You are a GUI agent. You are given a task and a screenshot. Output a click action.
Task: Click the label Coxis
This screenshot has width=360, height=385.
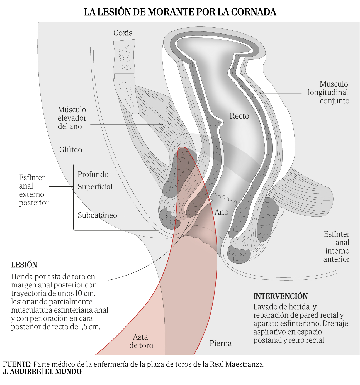point(123,33)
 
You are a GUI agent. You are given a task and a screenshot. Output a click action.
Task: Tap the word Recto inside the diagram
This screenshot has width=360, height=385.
point(239,116)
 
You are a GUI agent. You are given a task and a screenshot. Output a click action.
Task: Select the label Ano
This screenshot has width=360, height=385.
point(222,212)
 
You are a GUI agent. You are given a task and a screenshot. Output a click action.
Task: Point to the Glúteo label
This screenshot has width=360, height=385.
point(71,150)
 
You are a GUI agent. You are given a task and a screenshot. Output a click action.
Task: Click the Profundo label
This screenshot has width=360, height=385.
point(93,174)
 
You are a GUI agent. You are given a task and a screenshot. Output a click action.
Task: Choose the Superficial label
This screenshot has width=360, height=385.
point(95,187)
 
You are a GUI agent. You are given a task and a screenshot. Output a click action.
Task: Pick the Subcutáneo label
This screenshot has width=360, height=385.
point(97,215)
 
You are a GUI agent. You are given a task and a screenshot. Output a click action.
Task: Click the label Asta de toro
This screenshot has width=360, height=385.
point(141,341)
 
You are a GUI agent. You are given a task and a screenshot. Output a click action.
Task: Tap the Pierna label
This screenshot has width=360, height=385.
point(221,343)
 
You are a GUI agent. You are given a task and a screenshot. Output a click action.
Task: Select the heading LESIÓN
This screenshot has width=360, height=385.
point(24,265)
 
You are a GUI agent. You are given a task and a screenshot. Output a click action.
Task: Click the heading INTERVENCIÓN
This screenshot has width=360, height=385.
point(281,296)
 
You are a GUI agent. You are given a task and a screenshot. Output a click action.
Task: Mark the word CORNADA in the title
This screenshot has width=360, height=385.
point(254,12)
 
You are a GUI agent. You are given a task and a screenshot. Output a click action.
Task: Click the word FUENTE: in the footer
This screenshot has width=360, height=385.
point(18,364)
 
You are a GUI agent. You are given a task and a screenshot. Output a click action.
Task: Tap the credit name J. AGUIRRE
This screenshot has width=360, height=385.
point(22,372)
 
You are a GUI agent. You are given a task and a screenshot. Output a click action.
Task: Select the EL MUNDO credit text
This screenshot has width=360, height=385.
point(63,372)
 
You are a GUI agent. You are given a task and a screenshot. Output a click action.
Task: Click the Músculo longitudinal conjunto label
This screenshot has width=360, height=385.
point(328,92)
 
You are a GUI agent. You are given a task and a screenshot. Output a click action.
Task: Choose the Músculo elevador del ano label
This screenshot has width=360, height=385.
point(72,118)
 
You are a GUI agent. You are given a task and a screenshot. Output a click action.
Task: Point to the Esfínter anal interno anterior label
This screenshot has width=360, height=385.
point(336,247)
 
